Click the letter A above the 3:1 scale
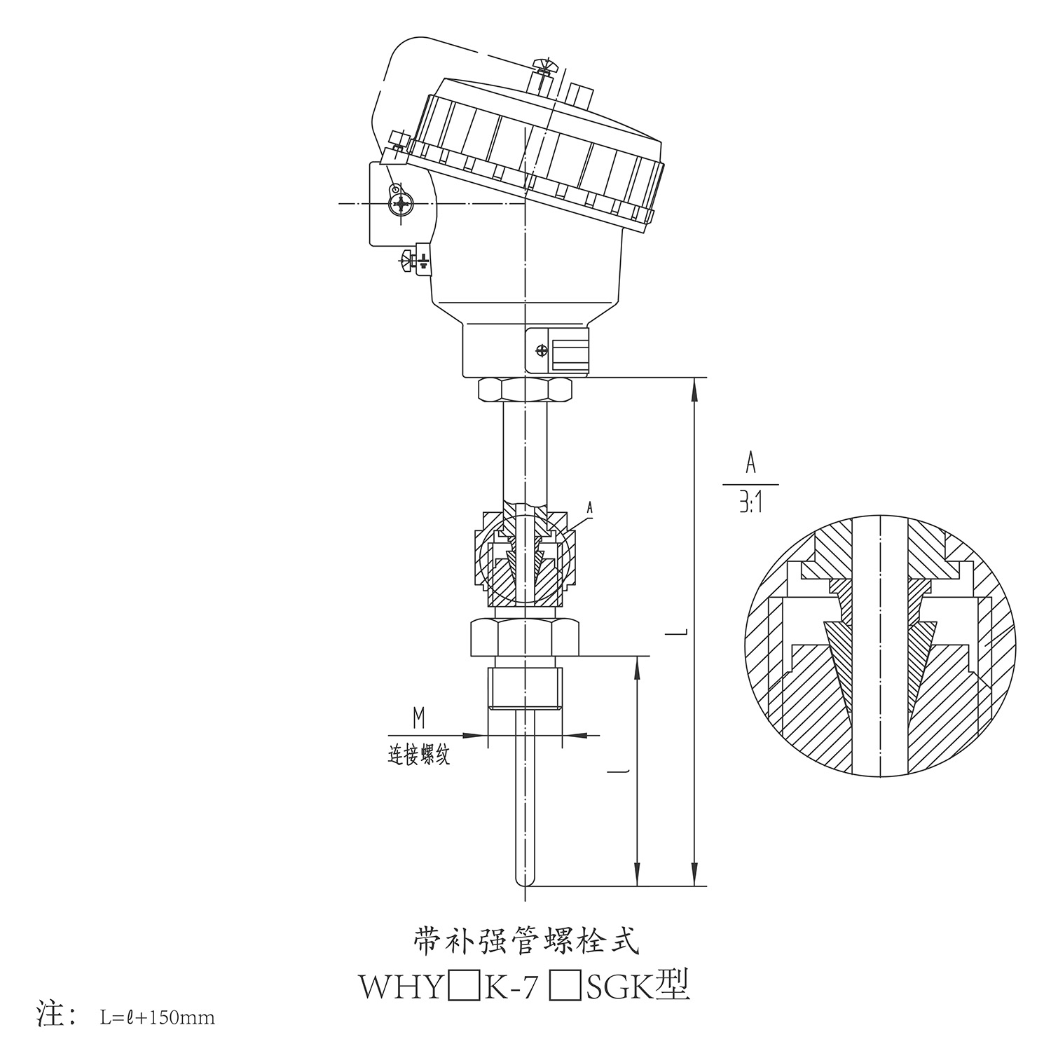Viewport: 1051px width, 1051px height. pos(750,463)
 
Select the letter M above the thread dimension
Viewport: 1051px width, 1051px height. pos(419,717)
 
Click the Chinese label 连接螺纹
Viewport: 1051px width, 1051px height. pos(419,755)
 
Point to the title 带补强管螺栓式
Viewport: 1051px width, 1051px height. pos(525,941)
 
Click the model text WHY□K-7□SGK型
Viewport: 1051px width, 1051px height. pos(525,986)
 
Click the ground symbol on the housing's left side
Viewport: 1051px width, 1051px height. pos(423,261)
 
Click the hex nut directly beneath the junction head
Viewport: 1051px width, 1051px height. pos(525,390)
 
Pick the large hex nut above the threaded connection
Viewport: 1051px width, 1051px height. pos(525,636)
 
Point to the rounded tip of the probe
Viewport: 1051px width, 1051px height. pos(524,881)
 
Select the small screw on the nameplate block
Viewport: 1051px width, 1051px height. pos(540,350)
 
